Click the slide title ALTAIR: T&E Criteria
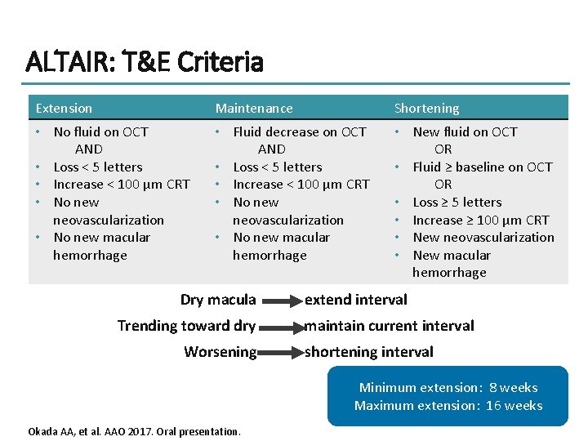[145, 62]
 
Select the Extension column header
[64, 109]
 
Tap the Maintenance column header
[253, 109]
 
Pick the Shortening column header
[426, 109]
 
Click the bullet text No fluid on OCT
[100, 131]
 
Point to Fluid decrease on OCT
[299, 131]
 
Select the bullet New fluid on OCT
[465, 131]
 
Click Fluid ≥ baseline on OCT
[482, 167]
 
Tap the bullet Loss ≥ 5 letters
[457, 202]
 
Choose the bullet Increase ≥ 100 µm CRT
[480, 220]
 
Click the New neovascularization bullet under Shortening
[483, 238]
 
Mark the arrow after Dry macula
[280, 301]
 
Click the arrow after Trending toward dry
[280, 327]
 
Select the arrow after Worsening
[280, 353]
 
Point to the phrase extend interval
[355, 300]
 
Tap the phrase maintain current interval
[389, 326]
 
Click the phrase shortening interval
[368, 352]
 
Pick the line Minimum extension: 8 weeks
[448, 388]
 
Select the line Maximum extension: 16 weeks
[448, 406]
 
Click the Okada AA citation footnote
[135, 430]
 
